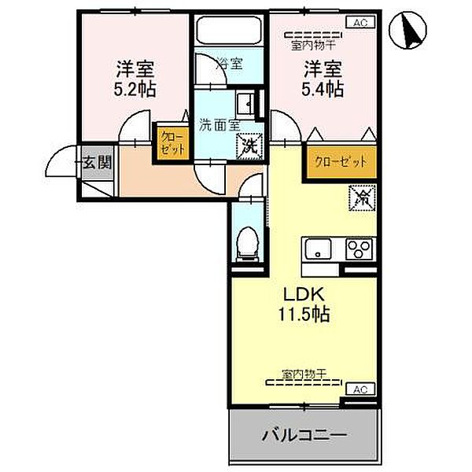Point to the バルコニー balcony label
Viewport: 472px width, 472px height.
(304, 434)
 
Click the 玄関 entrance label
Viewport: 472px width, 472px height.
(98, 163)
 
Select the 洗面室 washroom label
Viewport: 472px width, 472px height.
(218, 124)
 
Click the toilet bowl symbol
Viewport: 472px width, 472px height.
(249, 242)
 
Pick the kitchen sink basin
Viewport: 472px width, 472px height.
(320, 251)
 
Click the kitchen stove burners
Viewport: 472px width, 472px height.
(360, 251)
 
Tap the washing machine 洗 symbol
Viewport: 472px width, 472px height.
(249, 145)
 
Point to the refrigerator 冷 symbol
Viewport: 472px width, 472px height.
(363, 198)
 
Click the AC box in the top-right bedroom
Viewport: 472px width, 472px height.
(360, 24)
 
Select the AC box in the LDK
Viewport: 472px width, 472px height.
(360, 389)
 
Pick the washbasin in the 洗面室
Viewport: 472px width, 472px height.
(246, 103)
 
